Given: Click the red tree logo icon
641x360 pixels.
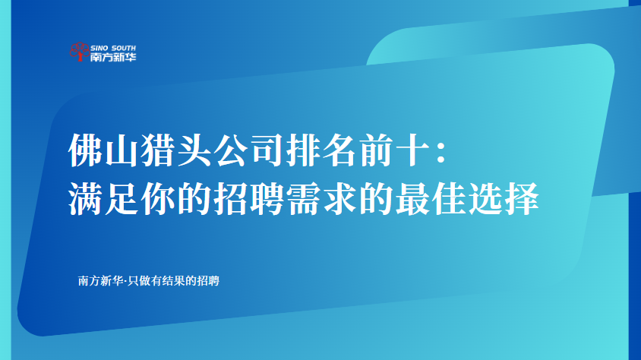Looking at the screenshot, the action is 79,52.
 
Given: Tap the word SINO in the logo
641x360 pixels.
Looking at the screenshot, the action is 99,48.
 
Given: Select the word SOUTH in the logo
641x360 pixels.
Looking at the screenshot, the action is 124,48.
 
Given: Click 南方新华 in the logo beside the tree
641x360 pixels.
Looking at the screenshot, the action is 113,57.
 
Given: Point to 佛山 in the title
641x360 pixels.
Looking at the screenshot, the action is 103,150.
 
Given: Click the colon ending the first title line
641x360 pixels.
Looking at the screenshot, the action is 441,153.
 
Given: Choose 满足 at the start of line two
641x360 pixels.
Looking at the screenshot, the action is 103,198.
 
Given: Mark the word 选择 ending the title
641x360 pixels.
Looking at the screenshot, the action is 504,198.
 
